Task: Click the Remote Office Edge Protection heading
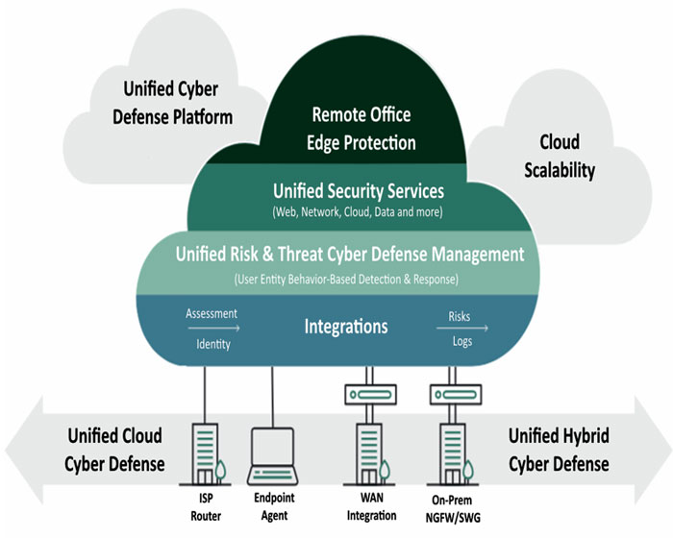[361, 129]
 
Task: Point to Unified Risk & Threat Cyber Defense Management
[350, 255]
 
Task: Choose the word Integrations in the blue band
[346, 327]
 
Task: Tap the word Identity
[212, 344]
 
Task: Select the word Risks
[460, 315]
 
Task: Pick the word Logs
[460, 343]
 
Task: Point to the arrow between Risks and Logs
[468, 329]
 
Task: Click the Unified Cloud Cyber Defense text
[113, 450]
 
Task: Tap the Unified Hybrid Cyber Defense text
[558, 450]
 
